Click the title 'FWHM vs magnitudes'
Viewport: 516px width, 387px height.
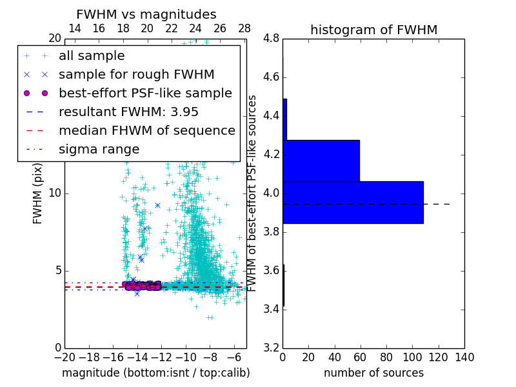[x=146, y=14]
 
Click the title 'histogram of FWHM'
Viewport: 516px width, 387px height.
[x=373, y=30]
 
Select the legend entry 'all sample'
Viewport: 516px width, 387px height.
[x=92, y=56]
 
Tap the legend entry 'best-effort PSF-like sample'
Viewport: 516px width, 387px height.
[x=145, y=93]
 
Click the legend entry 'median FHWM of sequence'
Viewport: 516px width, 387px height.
[x=146, y=130]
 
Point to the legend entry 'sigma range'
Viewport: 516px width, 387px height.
[x=99, y=149]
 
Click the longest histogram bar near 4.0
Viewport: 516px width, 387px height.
[x=353, y=202]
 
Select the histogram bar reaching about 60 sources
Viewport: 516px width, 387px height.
[x=321, y=161]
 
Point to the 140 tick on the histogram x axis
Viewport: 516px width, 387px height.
[x=464, y=357]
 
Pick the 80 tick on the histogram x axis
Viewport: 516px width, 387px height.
[x=386, y=357]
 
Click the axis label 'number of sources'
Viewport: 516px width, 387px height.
[x=373, y=373]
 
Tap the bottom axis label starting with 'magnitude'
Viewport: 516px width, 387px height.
[x=155, y=373]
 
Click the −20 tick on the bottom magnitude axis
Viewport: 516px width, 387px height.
[x=64, y=357]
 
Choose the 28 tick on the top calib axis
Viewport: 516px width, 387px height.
[x=244, y=28]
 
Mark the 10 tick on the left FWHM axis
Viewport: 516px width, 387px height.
[x=54, y=193]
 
